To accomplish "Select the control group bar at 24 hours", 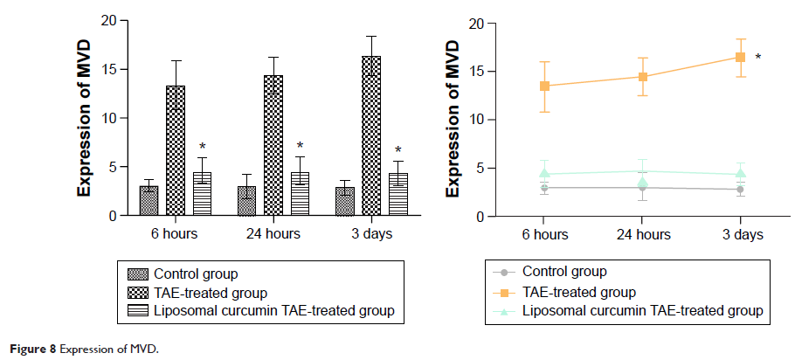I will point(247,200).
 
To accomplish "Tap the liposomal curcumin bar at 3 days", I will point(398,193).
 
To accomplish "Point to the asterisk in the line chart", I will point(757,59).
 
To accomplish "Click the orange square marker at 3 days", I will point(740,58).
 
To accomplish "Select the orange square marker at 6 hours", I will point(544,86).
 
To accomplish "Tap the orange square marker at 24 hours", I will point(642,77).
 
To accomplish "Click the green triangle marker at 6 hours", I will point(544,173).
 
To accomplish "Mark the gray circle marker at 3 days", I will point(740,189).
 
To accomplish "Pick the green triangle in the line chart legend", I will point(506,310).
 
